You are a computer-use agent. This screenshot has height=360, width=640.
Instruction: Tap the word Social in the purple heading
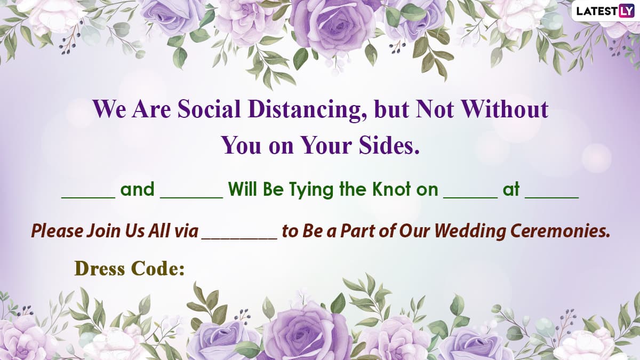pyautogui.click(x=209, y=109)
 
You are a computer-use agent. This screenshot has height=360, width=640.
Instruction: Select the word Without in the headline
pyautogui.click(x=505, y=109)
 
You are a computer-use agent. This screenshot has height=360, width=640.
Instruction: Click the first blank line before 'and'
pyautogui.click(x=89, y=198)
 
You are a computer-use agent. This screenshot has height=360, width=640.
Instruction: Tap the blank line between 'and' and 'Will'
pyautogui.click(x=191, y=198)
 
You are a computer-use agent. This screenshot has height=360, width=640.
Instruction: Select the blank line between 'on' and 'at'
pyautogui.click(x=470, y=198)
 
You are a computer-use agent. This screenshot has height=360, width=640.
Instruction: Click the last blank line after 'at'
pyautogui.click(x=552, y=198)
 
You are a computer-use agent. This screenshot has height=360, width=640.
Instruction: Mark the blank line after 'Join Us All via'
pyautogui.click(x=239, y=238)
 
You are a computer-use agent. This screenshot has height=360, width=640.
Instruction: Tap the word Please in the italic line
pyautogui.click(x=57, y=231)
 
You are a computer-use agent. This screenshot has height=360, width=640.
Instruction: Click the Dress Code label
pyautogui.click(x=130, y=269)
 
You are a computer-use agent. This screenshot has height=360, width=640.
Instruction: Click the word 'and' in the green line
pyautogui.click(x=138, y=189)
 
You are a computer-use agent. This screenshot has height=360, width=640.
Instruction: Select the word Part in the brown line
pyautogui.click(x=358, y=231)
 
